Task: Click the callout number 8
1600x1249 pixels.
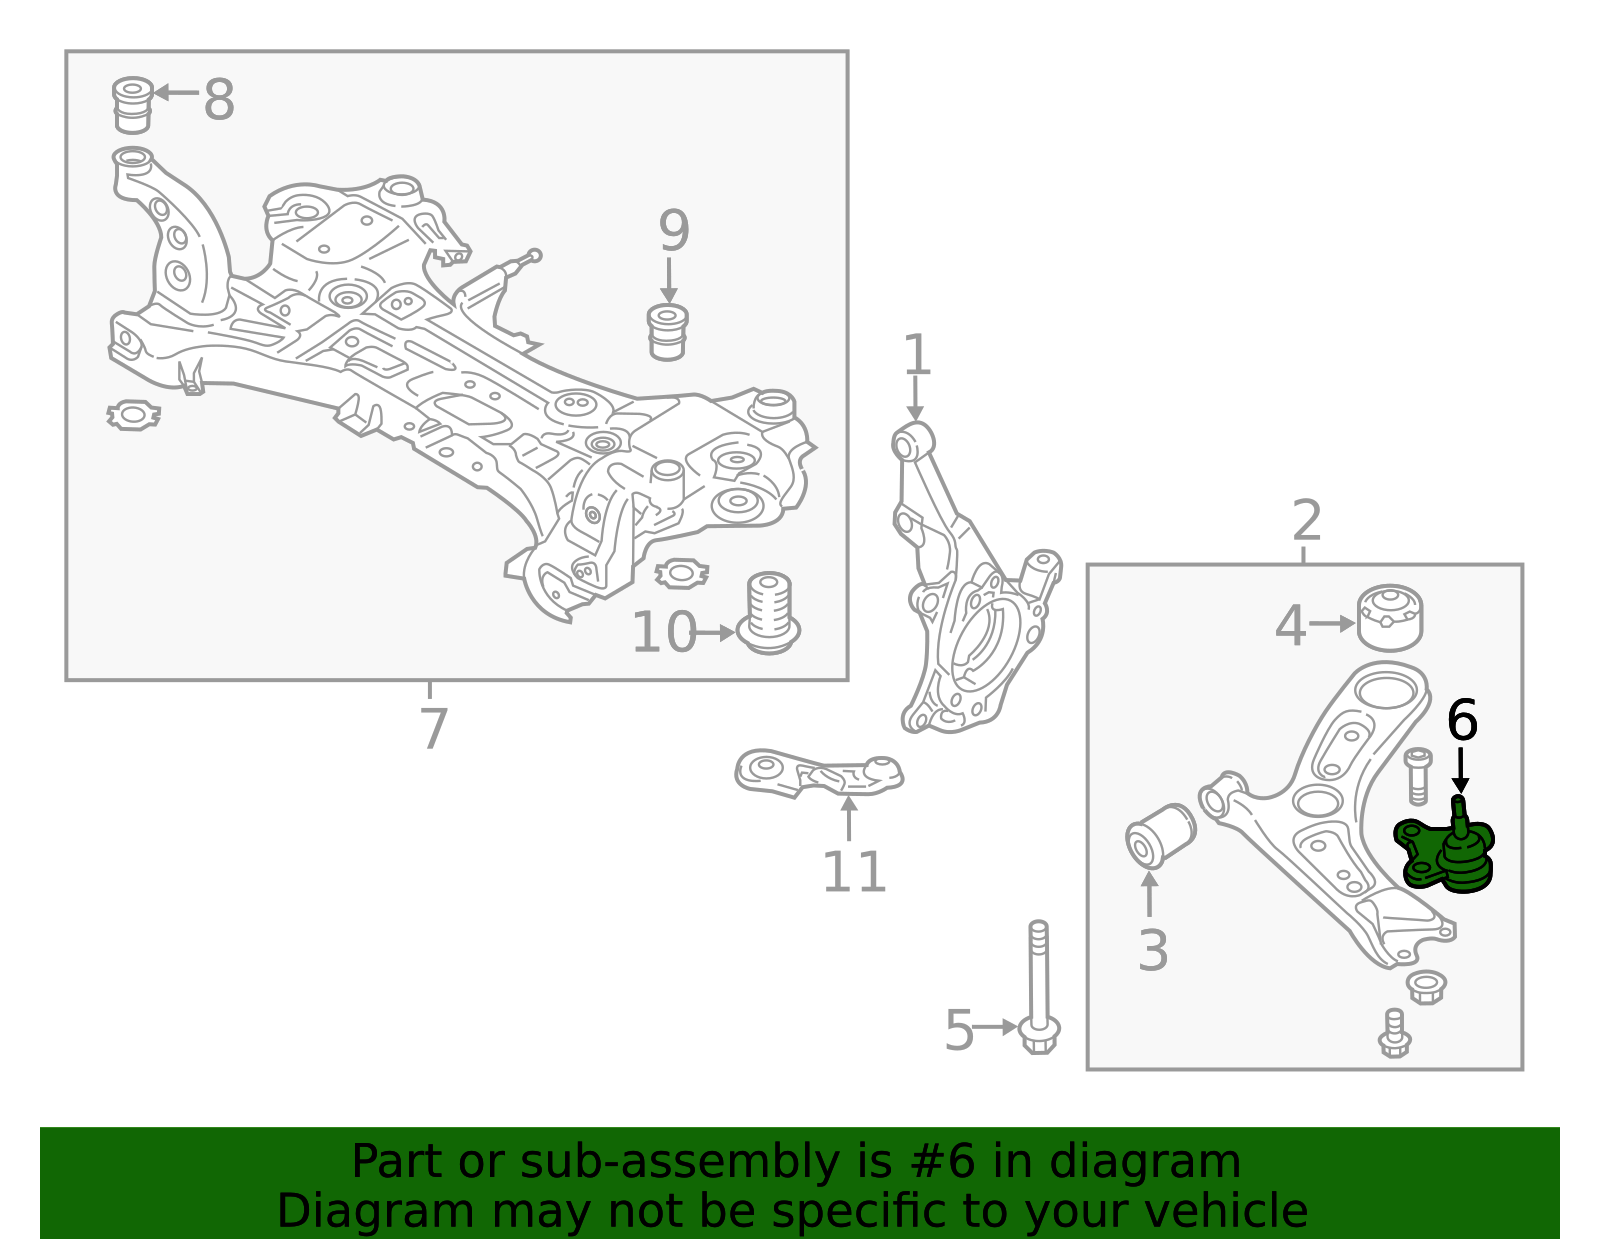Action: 219,100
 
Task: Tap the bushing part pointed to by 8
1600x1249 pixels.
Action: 131,104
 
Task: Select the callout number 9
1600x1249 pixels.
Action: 674,232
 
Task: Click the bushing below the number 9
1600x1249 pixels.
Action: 668,332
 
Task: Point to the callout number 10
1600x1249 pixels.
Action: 663,633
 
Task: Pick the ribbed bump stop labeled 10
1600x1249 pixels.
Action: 769,612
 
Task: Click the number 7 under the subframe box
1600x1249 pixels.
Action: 433,729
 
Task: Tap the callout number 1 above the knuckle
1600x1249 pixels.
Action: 916,357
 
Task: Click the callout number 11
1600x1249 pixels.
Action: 853,872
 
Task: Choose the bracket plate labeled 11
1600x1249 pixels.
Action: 817,773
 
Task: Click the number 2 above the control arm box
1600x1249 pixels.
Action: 1307,521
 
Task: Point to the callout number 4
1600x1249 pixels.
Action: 1291,626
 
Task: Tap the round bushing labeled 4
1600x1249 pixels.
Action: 1390,617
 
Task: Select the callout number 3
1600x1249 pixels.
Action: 1153,951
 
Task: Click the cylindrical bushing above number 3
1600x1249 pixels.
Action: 1160,836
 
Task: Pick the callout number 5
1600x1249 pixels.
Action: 959,1031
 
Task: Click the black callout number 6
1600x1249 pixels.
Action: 1462,720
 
